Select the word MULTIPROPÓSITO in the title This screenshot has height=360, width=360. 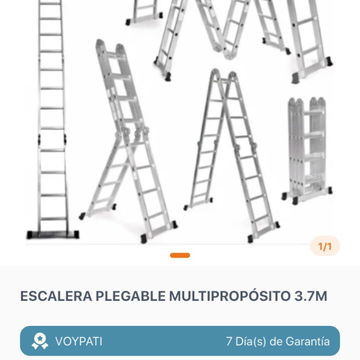(x=229, y=296)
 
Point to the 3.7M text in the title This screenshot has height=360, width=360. (x=310, y=296)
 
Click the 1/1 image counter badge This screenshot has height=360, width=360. (x=325, y=247)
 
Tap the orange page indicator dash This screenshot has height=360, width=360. (x=180, y=255)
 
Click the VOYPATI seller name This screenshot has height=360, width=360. (x=79, y=341)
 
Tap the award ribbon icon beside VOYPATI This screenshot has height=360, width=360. (x=40, y=341)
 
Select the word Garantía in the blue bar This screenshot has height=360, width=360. (x=307, y=341)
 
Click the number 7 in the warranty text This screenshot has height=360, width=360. (x=229, y=341)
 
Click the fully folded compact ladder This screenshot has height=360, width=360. (x=307, y=151)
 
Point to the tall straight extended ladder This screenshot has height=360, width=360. (x=52, y=119)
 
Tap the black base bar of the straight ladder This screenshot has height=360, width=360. (x=53, y=234)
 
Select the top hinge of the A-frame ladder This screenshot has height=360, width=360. (x=223, y=75)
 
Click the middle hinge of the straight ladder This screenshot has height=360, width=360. (x=52, y=139)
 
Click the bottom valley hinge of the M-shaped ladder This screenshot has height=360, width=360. (x=228, y=53)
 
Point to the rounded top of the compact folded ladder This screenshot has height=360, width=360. (x=307, y=103)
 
